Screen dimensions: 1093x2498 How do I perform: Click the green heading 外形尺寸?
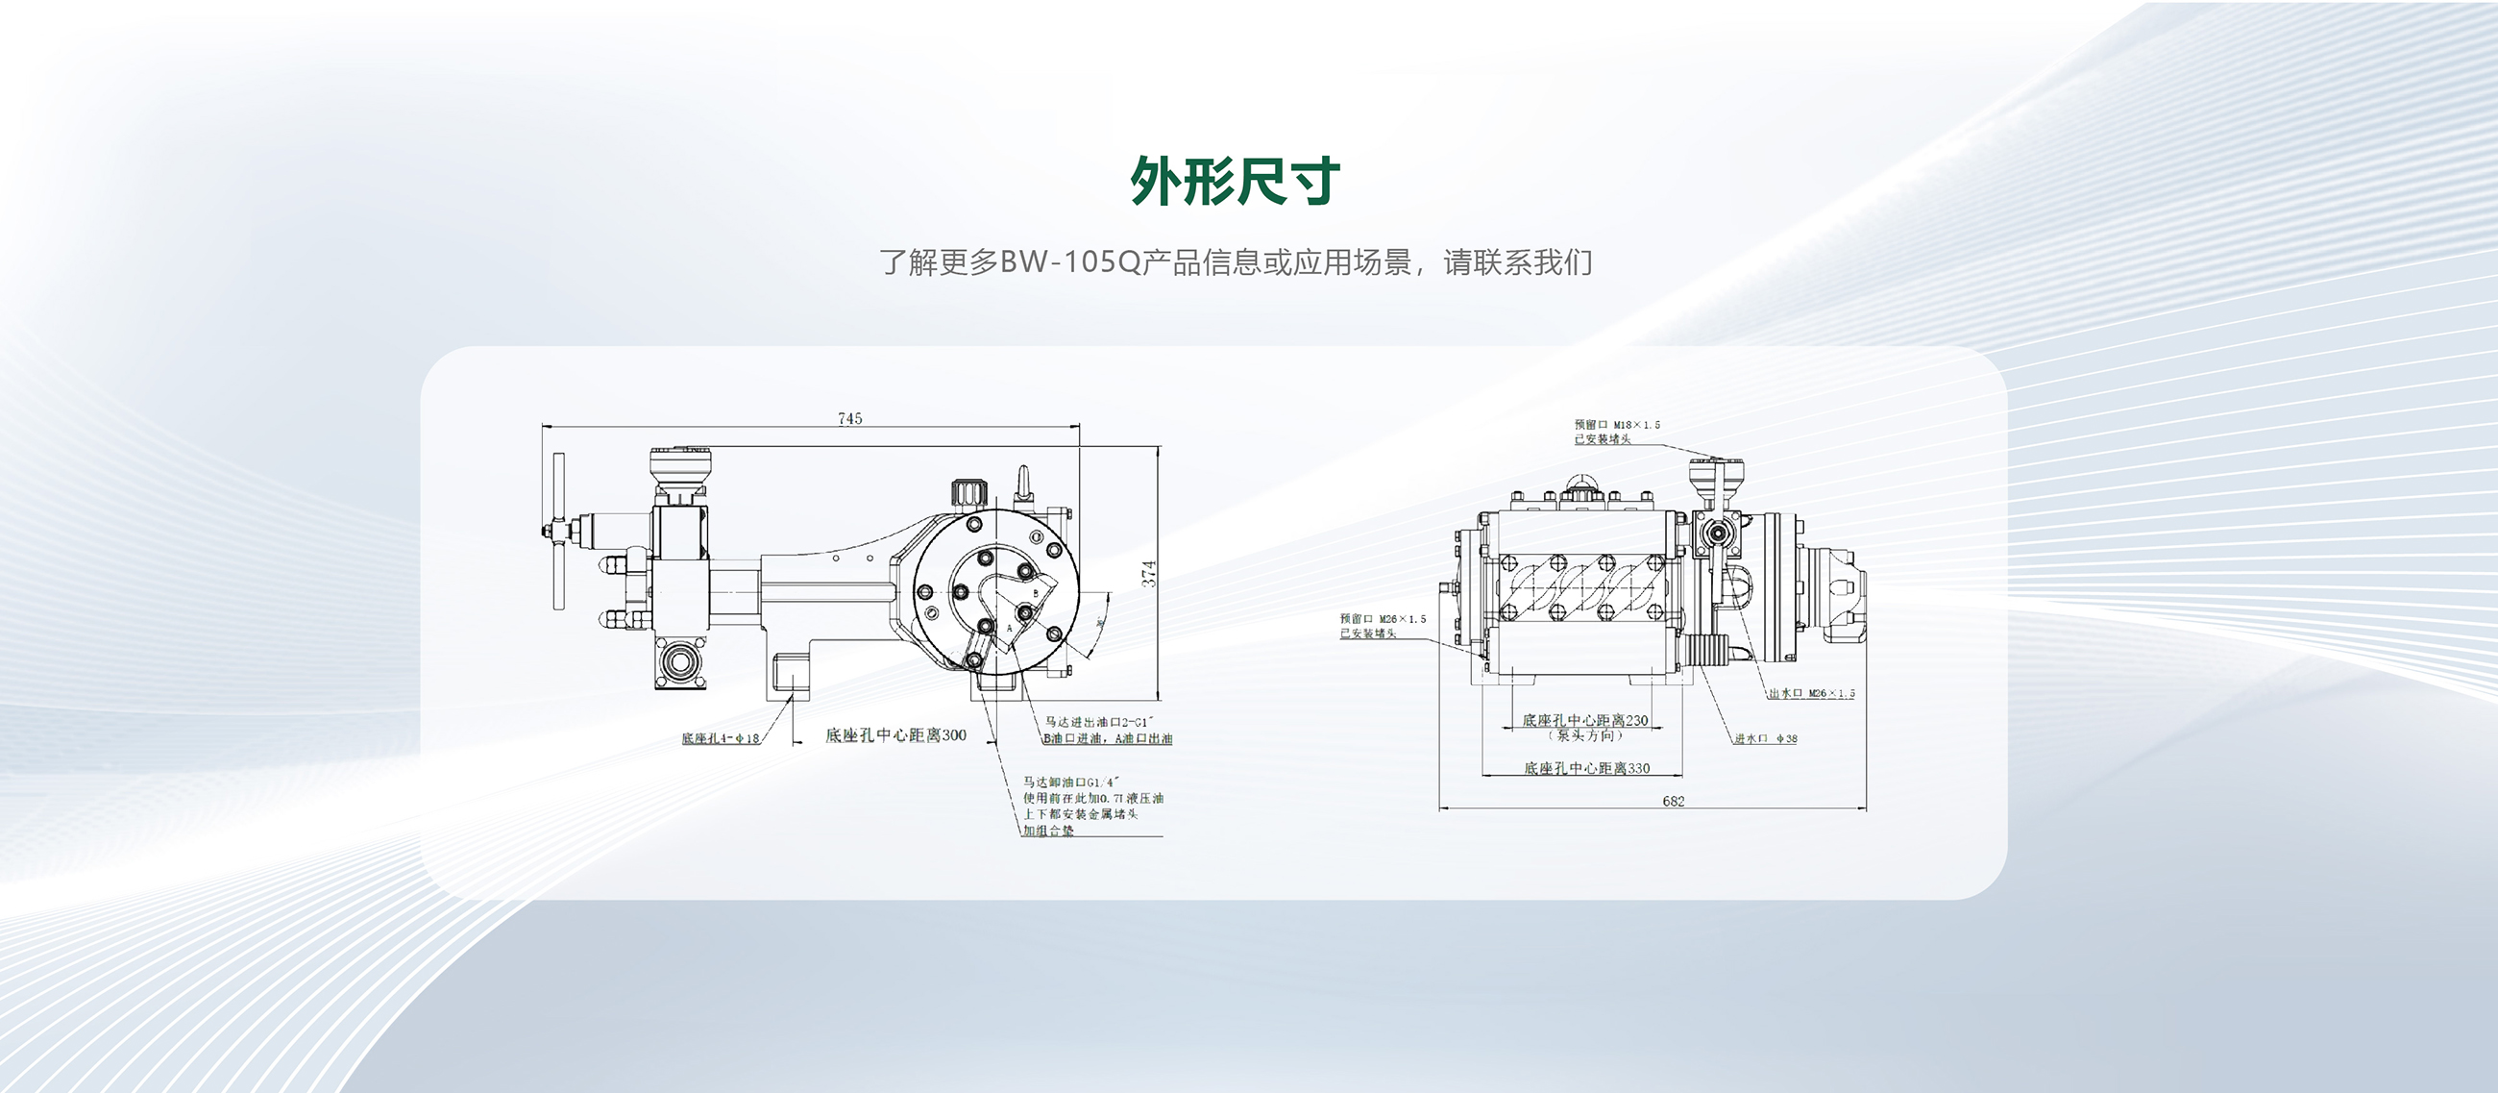click(x=1236, y=182)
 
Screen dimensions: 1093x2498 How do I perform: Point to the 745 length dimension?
click(x=849, y=418)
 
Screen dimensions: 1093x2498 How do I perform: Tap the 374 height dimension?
click(x=1148, y=573)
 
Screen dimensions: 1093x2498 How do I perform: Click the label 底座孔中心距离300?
click(x=895, y=735)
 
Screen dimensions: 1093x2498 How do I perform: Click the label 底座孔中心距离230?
click(x=1584, y=720)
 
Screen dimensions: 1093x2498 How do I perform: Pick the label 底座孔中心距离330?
click(x=1586, y=768)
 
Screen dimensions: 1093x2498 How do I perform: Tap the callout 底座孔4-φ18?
click(x=720, y=739)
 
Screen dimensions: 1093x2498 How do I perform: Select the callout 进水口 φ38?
click(x=1765, y=739)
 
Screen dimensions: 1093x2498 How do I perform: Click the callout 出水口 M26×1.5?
click(x=1810, y=693)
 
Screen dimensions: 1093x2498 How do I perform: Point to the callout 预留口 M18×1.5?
click(x=1617, y=425)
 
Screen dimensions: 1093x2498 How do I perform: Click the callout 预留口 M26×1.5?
click(x=1383, y=619)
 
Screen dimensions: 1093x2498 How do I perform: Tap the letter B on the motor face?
click(x=1035, y=592)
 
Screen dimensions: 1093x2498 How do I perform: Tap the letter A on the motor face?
click(x=1009, y=629)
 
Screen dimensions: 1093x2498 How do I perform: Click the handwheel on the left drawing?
click(x=558, y=532)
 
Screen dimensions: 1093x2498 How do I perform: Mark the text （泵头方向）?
click(x=1584, y=735)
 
